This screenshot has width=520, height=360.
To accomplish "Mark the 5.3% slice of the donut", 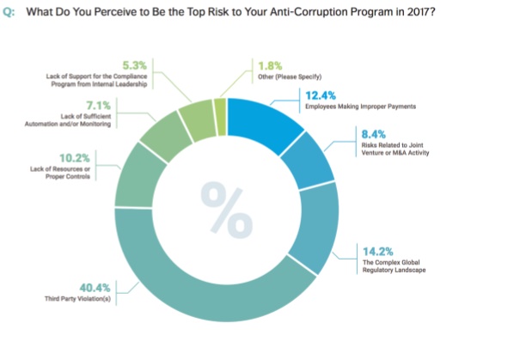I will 195,113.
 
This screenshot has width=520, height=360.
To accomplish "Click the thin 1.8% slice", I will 219,107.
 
